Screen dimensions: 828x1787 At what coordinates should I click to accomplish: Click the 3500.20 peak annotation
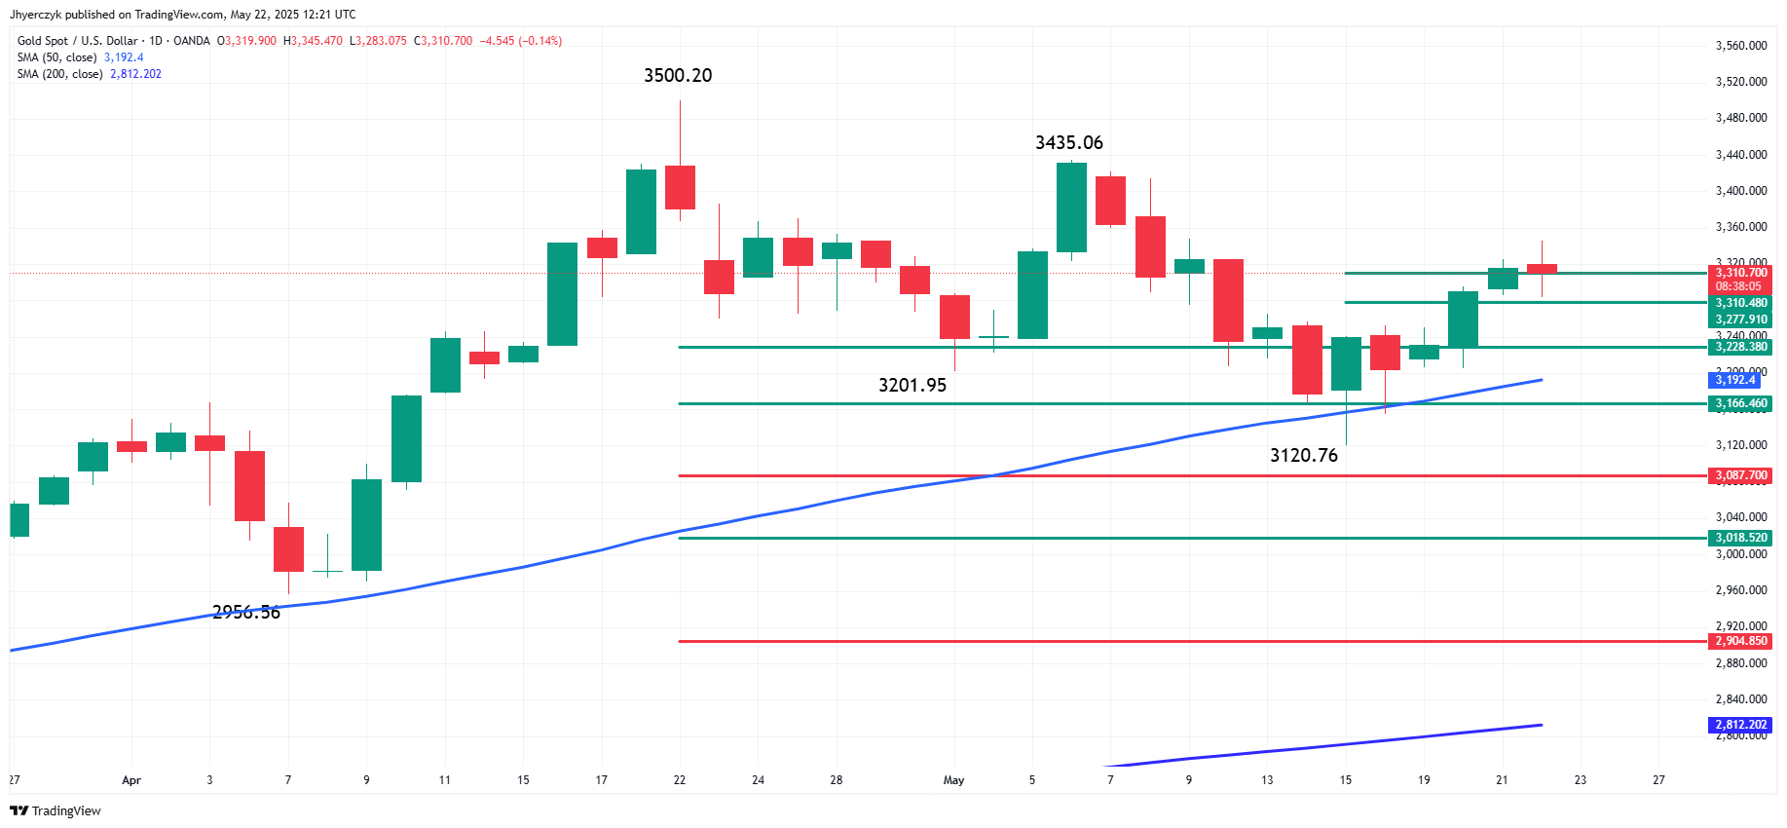tap(678, 76)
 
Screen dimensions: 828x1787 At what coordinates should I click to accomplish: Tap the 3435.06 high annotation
tap(1068, 143)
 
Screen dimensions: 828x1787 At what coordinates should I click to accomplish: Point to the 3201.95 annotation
tap(912, 386)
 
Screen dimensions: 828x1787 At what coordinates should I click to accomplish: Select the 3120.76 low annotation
tap(1303, 456)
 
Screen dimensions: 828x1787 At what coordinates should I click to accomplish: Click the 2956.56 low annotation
tap(245, 613)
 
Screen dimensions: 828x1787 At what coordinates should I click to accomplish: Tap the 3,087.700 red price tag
tap(1740, 476)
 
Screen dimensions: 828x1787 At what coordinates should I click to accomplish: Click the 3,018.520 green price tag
tap(1740, 538)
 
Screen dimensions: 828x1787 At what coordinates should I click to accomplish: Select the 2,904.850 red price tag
tap(1740, 641)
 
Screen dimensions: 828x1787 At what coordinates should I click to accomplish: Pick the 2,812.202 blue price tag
tap(1740, 725)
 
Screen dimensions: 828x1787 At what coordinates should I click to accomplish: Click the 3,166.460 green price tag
tap(1740, 403)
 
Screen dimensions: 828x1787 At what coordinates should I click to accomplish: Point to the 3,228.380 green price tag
tap(1740, 347)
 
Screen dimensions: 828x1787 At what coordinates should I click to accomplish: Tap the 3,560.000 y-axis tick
tap(1740, 46)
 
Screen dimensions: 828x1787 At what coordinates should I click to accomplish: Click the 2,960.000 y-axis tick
tap(1740, 590)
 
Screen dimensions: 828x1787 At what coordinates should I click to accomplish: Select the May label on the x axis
tap(953, 780)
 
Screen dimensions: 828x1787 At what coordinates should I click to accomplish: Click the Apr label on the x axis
tap(131, 780)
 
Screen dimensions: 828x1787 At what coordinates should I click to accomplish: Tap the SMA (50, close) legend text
tap(56, 57)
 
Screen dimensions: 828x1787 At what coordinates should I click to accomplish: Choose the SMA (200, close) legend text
tap(59, 74)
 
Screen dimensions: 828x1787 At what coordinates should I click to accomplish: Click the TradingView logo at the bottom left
tap(56, 810)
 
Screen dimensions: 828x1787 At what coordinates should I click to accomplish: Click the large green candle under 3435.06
tap(1071, 207)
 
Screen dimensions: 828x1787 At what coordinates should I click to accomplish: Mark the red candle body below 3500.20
tap(680, 187)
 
